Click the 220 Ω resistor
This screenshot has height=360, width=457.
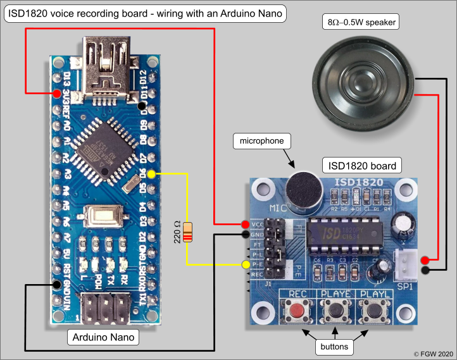[187, 233]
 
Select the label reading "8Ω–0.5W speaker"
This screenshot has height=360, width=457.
[361, 23]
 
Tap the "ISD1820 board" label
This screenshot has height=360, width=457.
[361, 166]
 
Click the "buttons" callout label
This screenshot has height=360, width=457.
[335, 346]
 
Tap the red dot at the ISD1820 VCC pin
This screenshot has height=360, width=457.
[245, 225]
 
